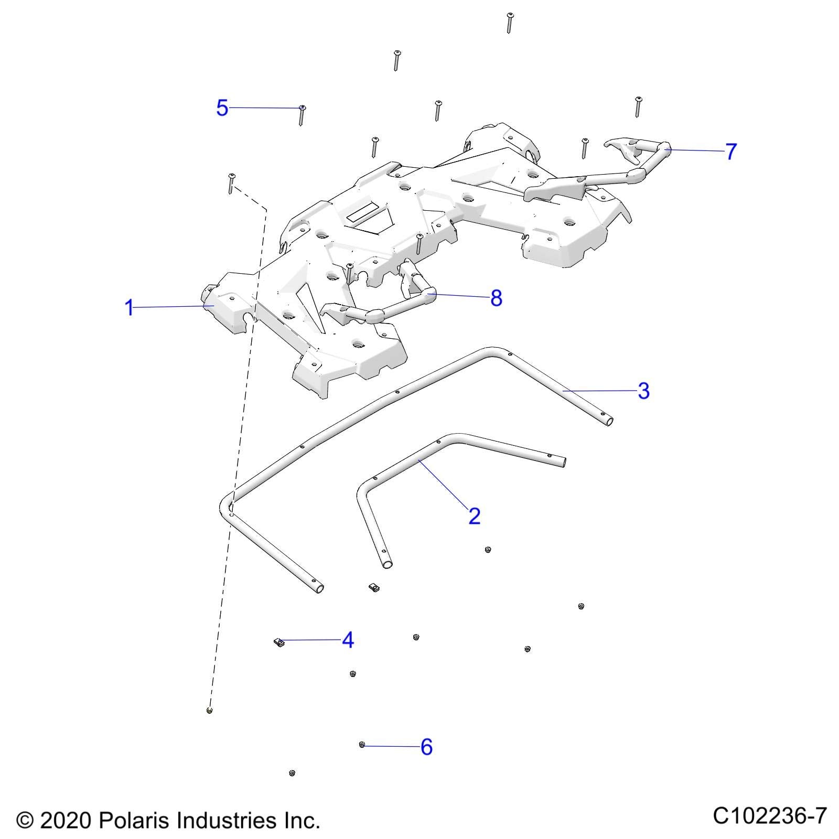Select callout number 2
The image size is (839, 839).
coord(474,517)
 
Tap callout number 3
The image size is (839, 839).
coord(643,391)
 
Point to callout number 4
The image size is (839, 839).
coord(348,640)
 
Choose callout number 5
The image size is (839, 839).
coord(222,108)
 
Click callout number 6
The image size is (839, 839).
coord(426,747)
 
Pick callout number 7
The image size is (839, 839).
coord(731,152)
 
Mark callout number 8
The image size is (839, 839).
coord(496,298)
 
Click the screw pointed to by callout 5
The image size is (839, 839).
coord(302,114)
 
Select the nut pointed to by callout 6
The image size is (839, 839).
coord(362,745)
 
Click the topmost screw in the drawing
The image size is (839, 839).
coord(509,22)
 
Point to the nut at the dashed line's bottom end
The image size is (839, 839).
coord(210,711)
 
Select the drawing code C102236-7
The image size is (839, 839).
coord(769,816)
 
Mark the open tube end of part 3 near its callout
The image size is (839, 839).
coord(608,421)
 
